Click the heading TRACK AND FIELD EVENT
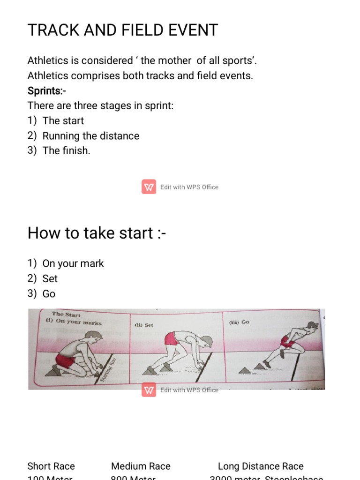click(122, 30)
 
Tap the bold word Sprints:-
click(47, 90)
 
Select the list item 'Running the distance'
click(90, 136)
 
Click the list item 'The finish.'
click(66, 151)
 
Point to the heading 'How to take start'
click(97, 233)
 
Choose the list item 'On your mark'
click(73, 263)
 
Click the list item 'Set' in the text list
click(50, 278)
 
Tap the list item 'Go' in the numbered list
click(49, 294)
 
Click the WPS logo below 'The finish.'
click(149, 187)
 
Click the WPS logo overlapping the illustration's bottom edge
click(149, 390)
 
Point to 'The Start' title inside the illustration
click(66, 315)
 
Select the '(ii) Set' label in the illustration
click(144, 325)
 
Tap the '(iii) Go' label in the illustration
click(239, 322)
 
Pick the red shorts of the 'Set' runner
click(172, 338)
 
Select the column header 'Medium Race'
click(141, 466)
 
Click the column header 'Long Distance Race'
click(261, 466)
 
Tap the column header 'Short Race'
click(51, 466)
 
